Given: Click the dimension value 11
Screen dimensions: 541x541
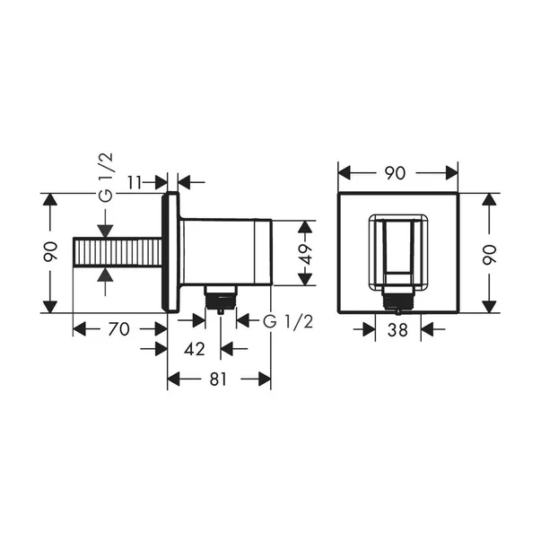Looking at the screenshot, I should coord(135,182).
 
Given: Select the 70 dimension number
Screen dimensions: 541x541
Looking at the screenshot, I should coord(118,329).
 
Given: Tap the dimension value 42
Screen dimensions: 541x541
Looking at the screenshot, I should coord(195,348).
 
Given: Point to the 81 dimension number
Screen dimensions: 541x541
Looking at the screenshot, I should coord(218,380).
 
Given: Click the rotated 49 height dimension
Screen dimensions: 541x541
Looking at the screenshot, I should coord(306,253).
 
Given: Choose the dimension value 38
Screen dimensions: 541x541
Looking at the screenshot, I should coord(397,330).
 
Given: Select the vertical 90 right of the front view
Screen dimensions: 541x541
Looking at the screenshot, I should coord(489,253).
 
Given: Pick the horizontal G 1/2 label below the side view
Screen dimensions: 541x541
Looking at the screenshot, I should coord(288,321).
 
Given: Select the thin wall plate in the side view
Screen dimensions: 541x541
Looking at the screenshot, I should coord(168,253).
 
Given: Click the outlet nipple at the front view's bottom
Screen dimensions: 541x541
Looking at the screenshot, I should coord(397,299).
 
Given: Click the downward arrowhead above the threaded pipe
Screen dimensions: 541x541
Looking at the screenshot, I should coord(105,229).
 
